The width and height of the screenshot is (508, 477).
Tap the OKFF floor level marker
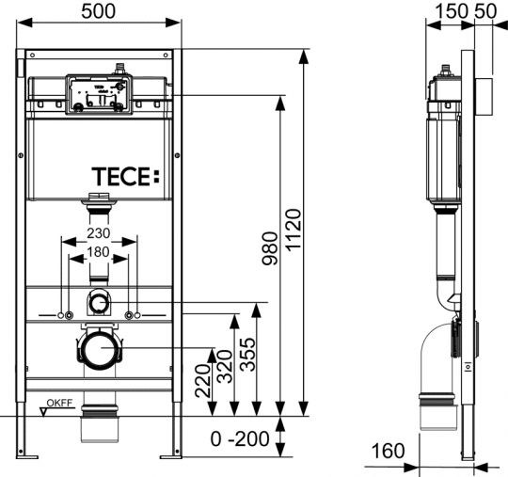pyautogui.click(x=58, y=406)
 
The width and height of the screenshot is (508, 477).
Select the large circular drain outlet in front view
pyautogui.click(x=98, y=351)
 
